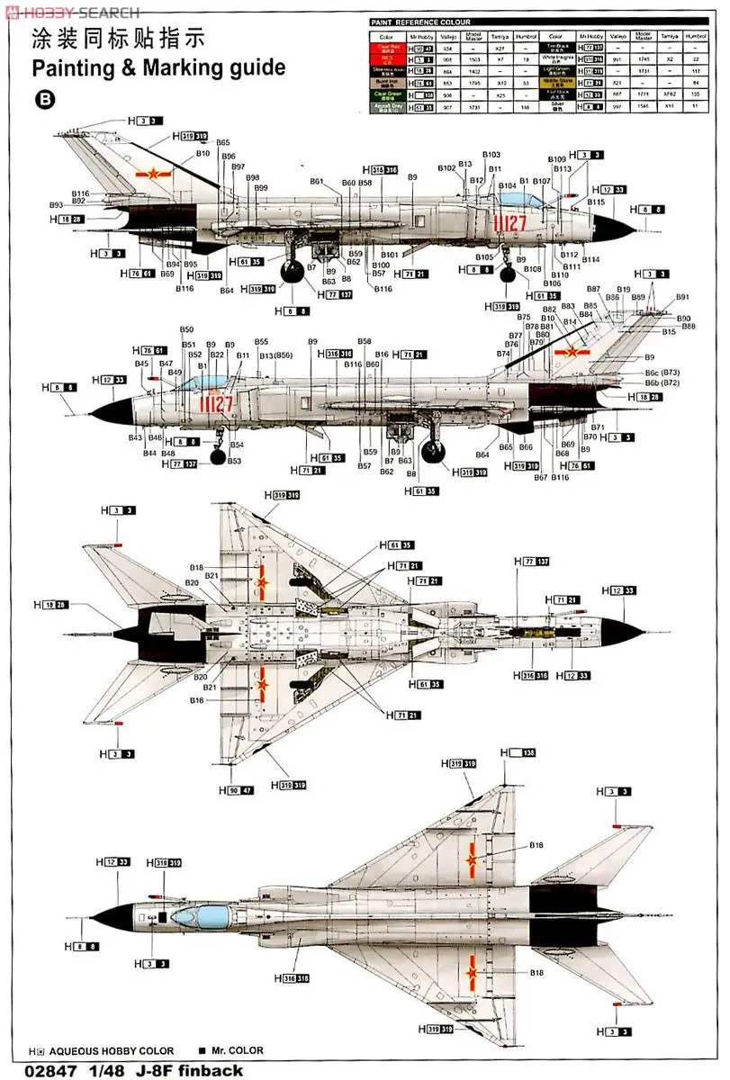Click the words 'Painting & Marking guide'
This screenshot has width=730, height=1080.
point(158,67)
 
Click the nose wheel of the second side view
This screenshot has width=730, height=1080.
point(218,457)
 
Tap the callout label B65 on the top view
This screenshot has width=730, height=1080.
point(222,143)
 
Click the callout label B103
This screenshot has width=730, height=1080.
point(491,155)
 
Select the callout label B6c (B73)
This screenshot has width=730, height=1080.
point(662,371)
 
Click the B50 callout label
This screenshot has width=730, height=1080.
point(186,330)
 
